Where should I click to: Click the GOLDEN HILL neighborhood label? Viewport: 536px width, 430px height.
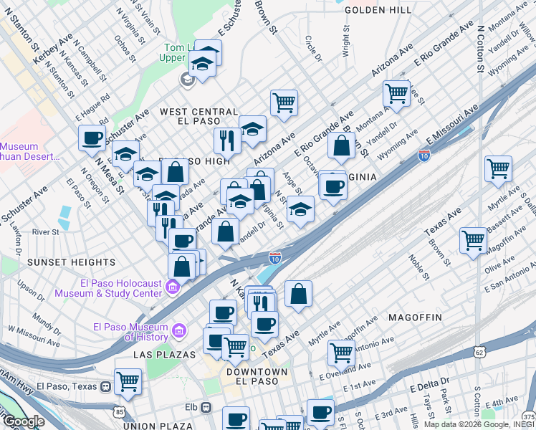(378, 10)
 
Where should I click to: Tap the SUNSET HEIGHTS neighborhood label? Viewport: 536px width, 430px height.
(61, 263)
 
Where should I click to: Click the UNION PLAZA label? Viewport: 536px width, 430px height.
(153, 426)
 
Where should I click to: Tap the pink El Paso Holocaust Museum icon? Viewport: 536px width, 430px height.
(172, 288)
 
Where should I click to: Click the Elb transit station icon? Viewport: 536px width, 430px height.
(206, 407)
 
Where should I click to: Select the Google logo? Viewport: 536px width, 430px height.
(24, 421)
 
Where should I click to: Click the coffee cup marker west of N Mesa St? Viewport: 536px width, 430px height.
(92, 138)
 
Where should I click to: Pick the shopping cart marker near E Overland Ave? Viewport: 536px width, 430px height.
(340, 352)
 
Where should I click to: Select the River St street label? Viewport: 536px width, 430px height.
(45, 232)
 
